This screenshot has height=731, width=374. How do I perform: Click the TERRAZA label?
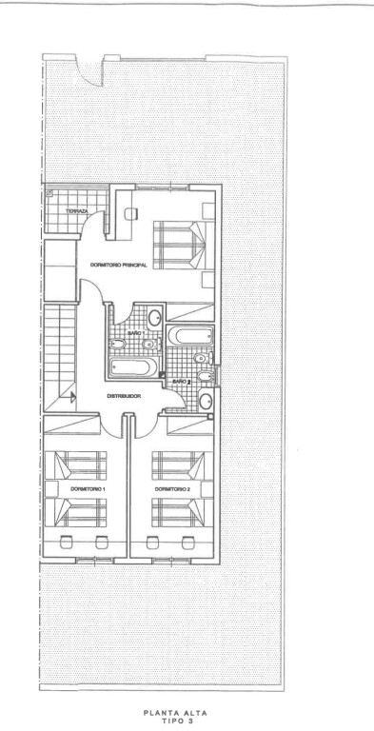[76, 211]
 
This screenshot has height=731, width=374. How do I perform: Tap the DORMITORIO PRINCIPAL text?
[118, 265]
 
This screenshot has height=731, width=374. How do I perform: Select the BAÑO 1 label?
[132, 334]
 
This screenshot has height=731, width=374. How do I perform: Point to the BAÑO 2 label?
[183, 382]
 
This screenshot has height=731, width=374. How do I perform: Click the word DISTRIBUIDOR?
[124, 396]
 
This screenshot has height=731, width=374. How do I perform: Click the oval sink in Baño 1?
[155, 318]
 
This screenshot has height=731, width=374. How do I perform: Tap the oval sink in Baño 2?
[206, 401]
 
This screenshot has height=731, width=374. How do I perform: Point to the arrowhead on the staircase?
[72, 398]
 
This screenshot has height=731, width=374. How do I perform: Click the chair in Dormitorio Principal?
[131, 213]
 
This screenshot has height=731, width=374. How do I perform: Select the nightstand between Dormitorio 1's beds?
[51, 489]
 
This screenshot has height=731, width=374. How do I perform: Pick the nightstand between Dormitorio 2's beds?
[207, 489]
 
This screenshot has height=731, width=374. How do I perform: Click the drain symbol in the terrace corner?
[49, 192]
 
